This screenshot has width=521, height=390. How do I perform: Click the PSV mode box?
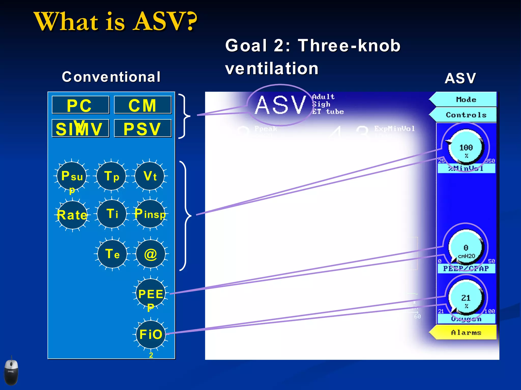[x=143, y=128]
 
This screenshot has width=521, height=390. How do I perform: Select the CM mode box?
[x=143, y=105]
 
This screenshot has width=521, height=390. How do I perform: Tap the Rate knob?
[x=73, y=215]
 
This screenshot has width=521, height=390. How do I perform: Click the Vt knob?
[x=150, y=176]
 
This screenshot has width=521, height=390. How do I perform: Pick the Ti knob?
[x=112, y=214]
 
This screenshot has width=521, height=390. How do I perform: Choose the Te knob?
[x=112, y=254]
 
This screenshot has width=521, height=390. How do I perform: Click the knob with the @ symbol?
[x=151, y=254]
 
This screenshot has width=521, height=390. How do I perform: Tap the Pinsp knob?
[x=150, y=214]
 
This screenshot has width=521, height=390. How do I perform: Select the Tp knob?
[x=111, y=176]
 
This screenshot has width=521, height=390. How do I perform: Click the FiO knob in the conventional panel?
[x=151, y=334]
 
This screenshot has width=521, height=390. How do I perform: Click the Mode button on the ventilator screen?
[x=466, y=100]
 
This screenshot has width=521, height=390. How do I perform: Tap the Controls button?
[x=466, y=115]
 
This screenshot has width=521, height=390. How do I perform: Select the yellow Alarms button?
[x=466, y=333]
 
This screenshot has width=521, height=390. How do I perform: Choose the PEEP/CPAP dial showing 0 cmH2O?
[x=466, y=248]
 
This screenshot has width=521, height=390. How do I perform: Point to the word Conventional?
[x=111, y=77]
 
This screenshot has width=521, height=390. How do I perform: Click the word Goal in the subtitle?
[x=246, y=46]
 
